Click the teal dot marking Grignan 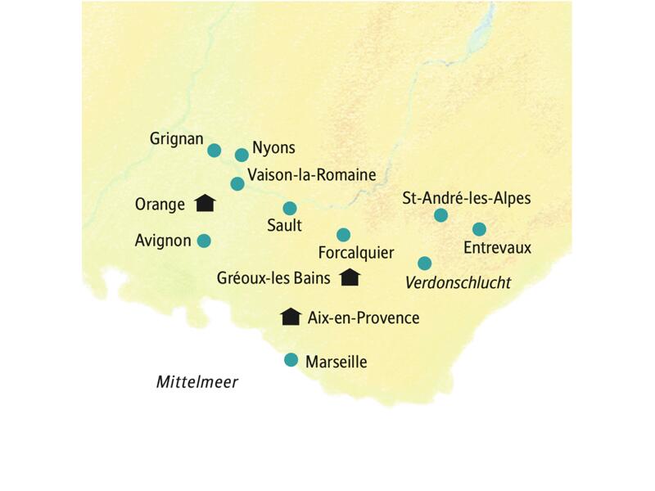[214, 150]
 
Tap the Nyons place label [273, 148]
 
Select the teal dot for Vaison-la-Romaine [237, 183]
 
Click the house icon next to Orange [205, 203]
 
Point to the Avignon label [163, 241]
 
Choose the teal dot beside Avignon [204, 241]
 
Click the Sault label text [284, 225]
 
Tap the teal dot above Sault [289, 208]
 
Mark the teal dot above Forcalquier [343, 235]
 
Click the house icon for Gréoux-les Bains [350, 277]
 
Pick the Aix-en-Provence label [363, 318]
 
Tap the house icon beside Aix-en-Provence [290, 317]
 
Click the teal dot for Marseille [291, 360]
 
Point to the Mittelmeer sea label [196, 382]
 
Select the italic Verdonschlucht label [458, 283]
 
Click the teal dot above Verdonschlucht [424, 264]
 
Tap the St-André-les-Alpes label [467, 197]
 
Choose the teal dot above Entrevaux [479, 229]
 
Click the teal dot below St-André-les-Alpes [440, 215]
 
